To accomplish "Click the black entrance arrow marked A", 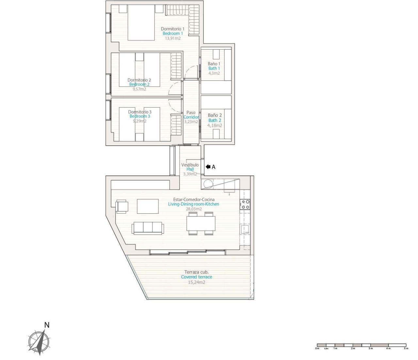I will point(208,167).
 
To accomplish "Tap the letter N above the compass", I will point(47,325).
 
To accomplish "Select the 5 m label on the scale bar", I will point(406,349).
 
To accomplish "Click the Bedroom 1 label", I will point(173,33).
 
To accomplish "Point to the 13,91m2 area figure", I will point(173,38).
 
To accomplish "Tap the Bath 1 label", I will point(214,68).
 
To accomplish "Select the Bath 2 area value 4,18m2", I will point(215,125).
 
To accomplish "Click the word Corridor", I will point(191,117).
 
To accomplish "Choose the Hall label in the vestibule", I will point(190,169).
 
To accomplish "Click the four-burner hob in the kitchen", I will point(245,205).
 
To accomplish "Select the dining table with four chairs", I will point(201,224).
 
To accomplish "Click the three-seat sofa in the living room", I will point(148,228).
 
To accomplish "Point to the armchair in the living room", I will point(122,206).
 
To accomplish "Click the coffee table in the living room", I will point(148,206).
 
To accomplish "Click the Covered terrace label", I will point(197,277).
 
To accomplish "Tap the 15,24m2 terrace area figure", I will point(197,282).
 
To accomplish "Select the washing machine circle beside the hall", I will point(207,185).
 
